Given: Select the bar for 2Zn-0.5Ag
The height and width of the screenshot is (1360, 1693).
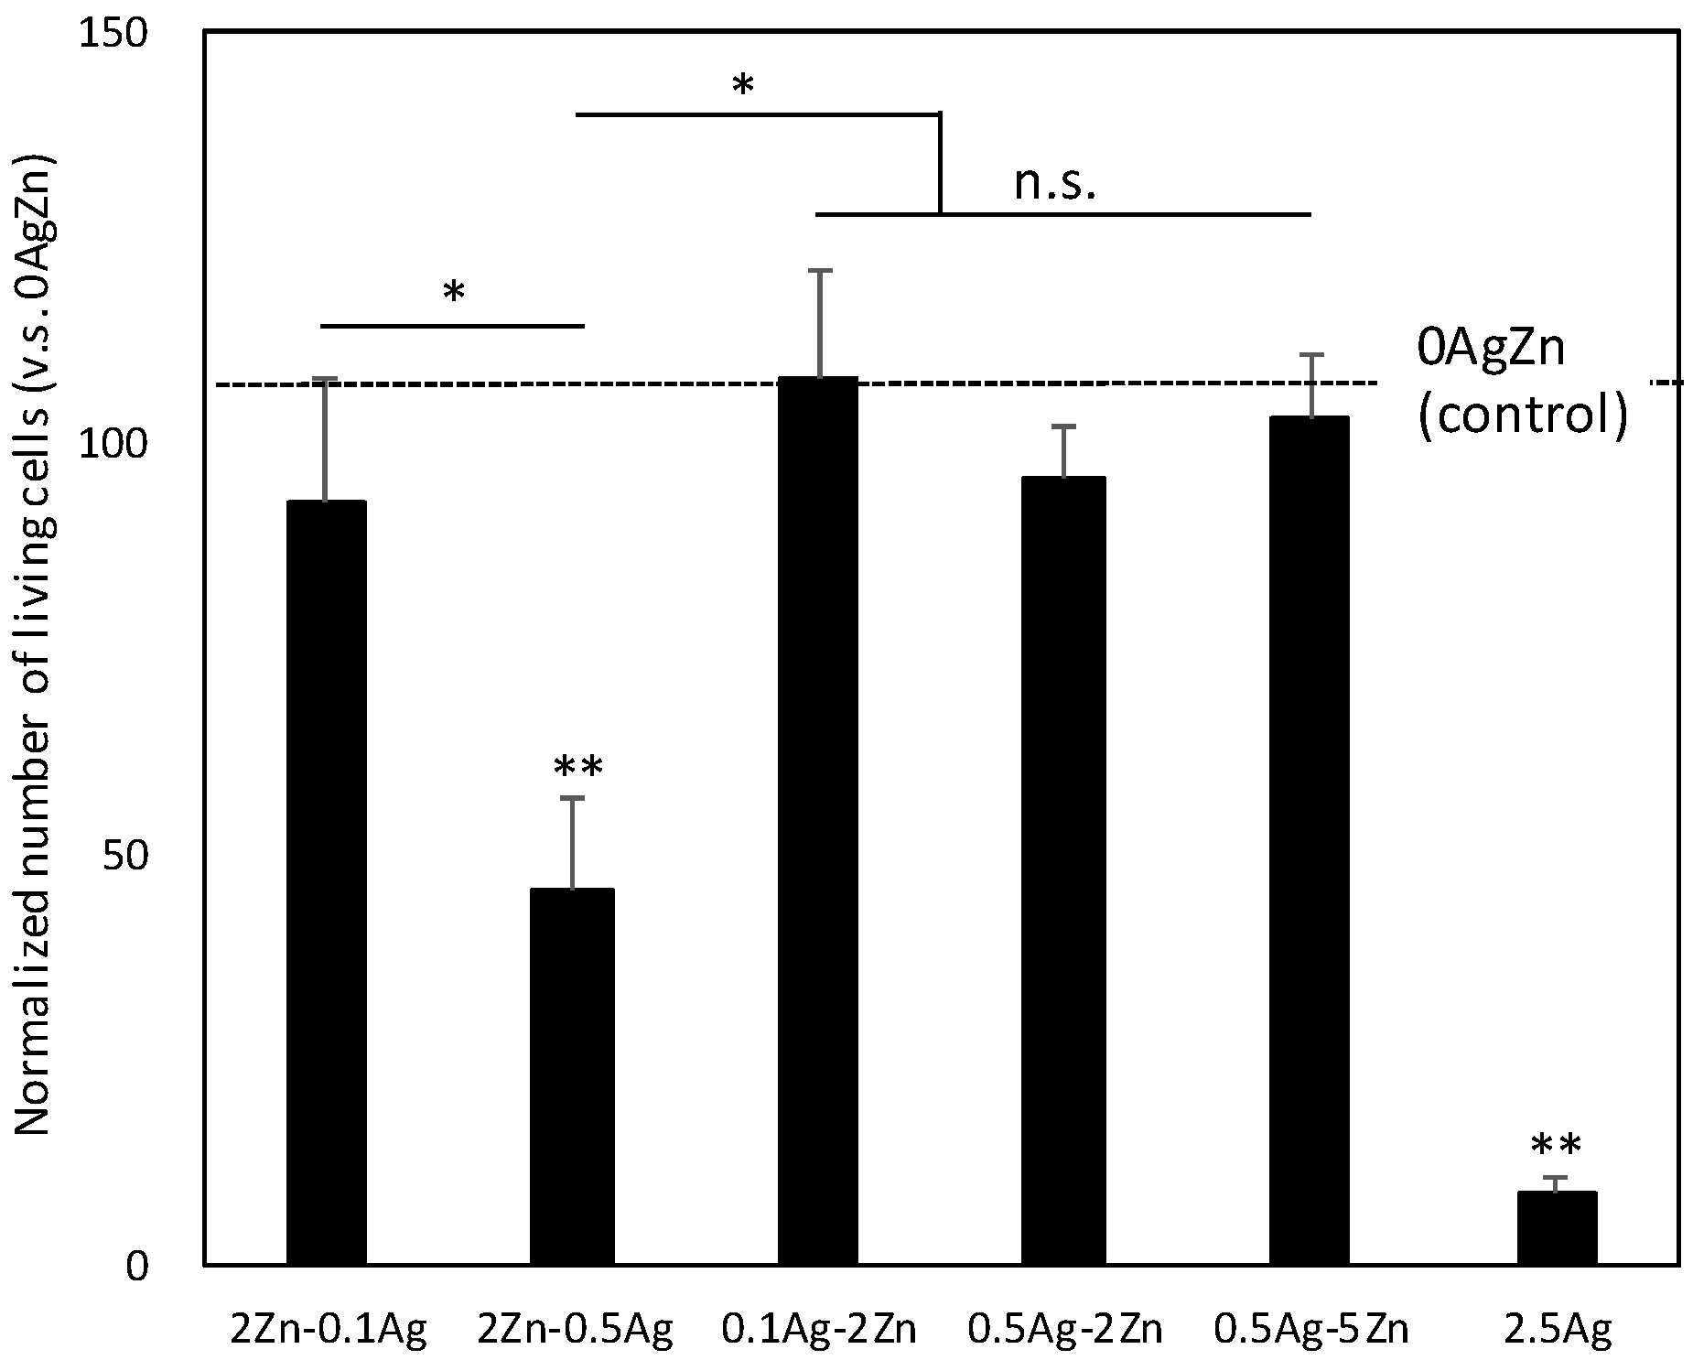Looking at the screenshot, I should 572,1075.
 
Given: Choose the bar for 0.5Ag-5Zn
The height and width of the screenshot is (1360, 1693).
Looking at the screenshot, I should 1310,840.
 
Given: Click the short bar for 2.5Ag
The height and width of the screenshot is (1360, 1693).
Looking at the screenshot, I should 1556,1227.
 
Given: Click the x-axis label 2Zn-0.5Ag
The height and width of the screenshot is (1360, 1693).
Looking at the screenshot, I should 576,1329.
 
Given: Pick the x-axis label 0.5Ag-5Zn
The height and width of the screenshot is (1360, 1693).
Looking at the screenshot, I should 1310,1329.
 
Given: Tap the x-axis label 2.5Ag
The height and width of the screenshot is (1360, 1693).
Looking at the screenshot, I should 1558,1329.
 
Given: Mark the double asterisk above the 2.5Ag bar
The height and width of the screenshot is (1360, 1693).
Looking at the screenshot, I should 1556,1146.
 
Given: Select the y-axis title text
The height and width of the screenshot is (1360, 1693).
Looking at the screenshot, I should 35,645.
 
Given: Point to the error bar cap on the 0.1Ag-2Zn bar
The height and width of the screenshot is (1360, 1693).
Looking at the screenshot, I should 820,270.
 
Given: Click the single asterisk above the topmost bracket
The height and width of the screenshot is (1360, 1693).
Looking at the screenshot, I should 742,86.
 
